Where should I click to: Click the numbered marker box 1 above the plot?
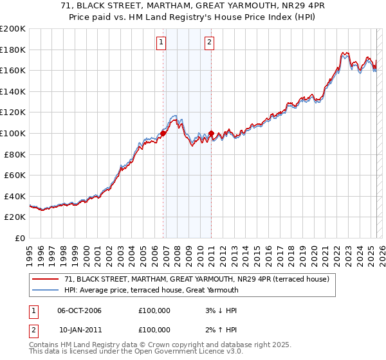click(160, 43)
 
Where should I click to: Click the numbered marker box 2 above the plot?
click(210, 43)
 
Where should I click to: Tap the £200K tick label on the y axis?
click(13, 29)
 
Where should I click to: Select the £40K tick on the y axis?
click(15, 195)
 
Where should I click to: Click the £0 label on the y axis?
click(20, 238)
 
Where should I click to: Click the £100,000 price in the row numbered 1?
click(154, 310)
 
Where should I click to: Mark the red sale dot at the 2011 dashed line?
click(211, 134)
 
